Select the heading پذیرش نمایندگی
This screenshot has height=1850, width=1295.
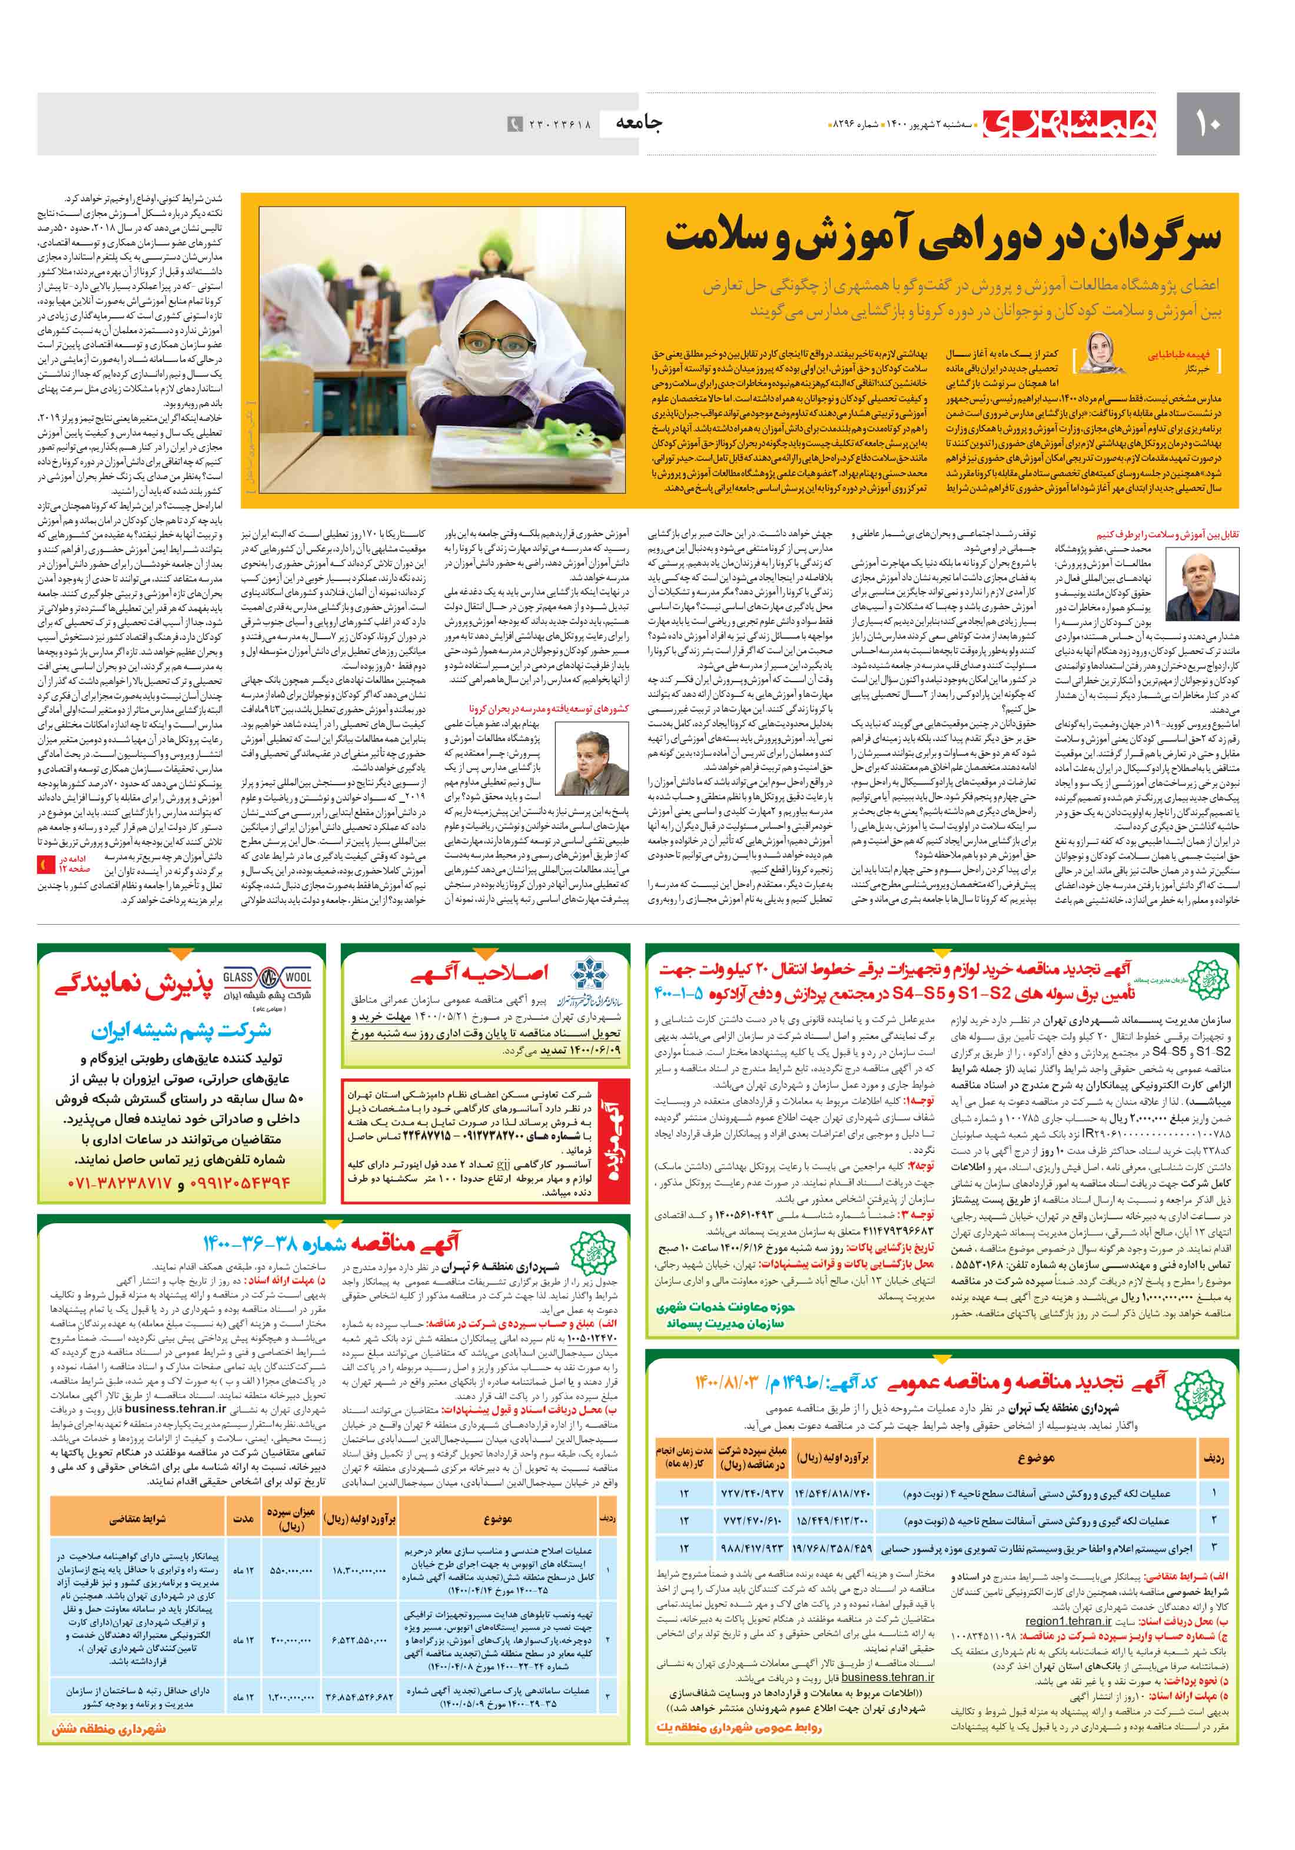tap(135, 984)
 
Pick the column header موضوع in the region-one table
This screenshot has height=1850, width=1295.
tap(1035, 1457)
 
